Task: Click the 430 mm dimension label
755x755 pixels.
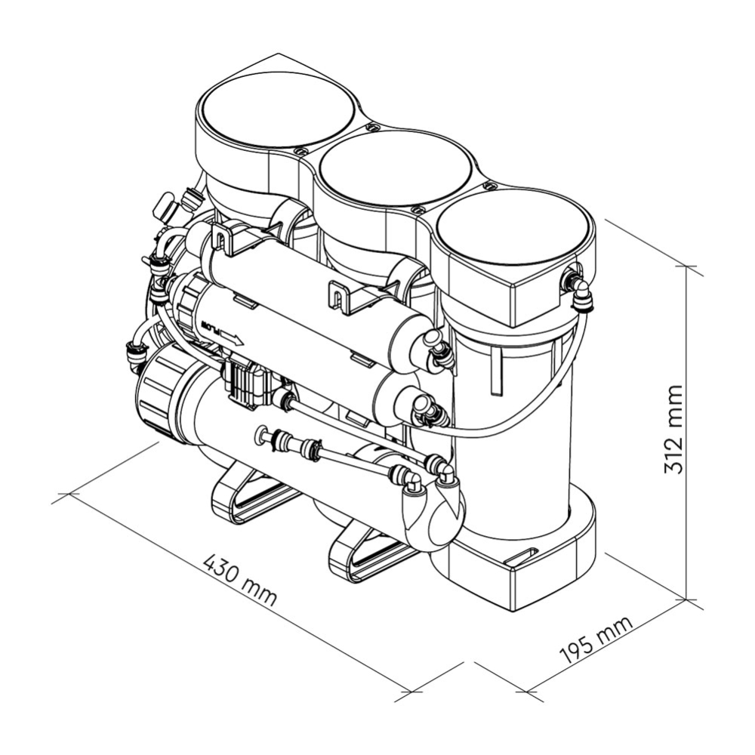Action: (x=240, y=580)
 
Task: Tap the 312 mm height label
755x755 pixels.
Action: (x=673, y=430)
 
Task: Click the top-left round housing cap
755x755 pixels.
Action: (x=278, y=109)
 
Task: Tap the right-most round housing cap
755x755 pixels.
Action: (x=513, y=227)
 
